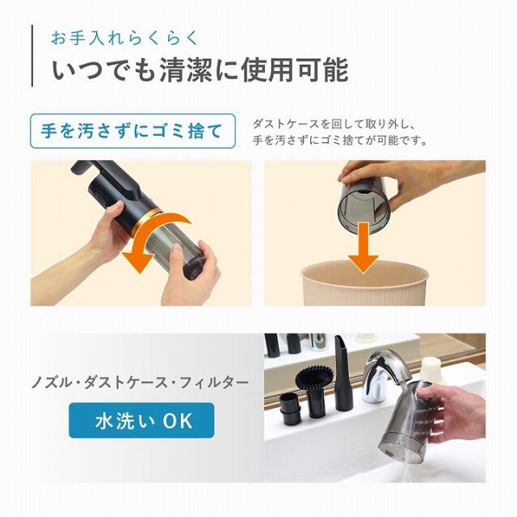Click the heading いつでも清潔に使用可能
(x=200, y=70)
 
